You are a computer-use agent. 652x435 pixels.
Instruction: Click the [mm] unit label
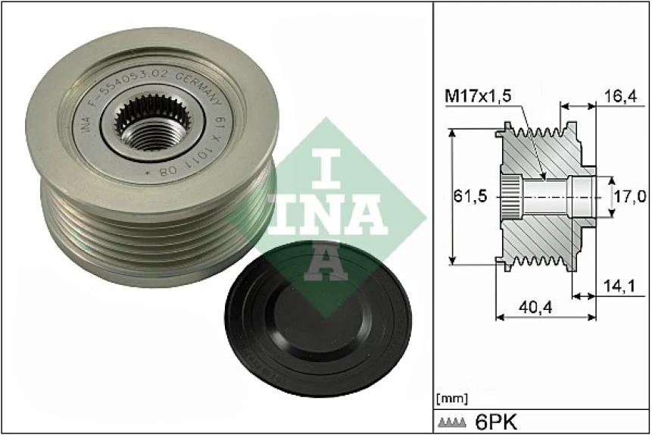click(454, 398)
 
